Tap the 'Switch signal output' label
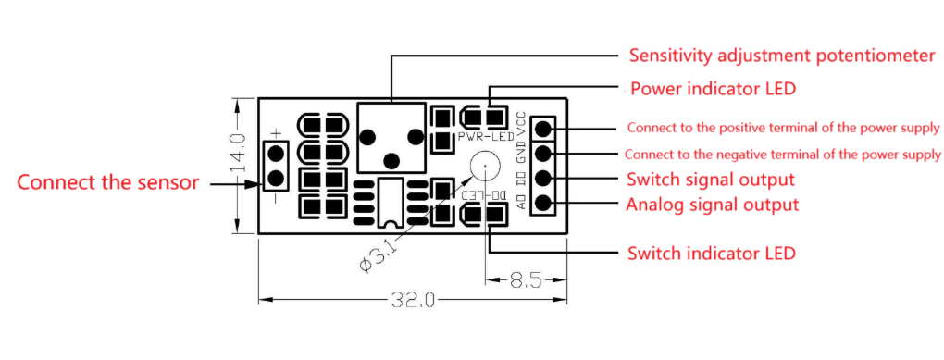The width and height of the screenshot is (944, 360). coord(710,179)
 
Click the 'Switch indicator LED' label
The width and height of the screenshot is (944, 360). coord(711,253)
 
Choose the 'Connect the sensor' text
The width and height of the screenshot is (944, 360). coord(108,182)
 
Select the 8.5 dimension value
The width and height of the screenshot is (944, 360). coord(525,278)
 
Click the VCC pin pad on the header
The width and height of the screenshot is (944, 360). coord(545,129)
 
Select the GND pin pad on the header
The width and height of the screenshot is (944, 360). coord(545,154)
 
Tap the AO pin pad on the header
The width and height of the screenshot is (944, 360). coord(545,203)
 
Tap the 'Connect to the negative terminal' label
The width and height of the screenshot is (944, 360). coord(783,154)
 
